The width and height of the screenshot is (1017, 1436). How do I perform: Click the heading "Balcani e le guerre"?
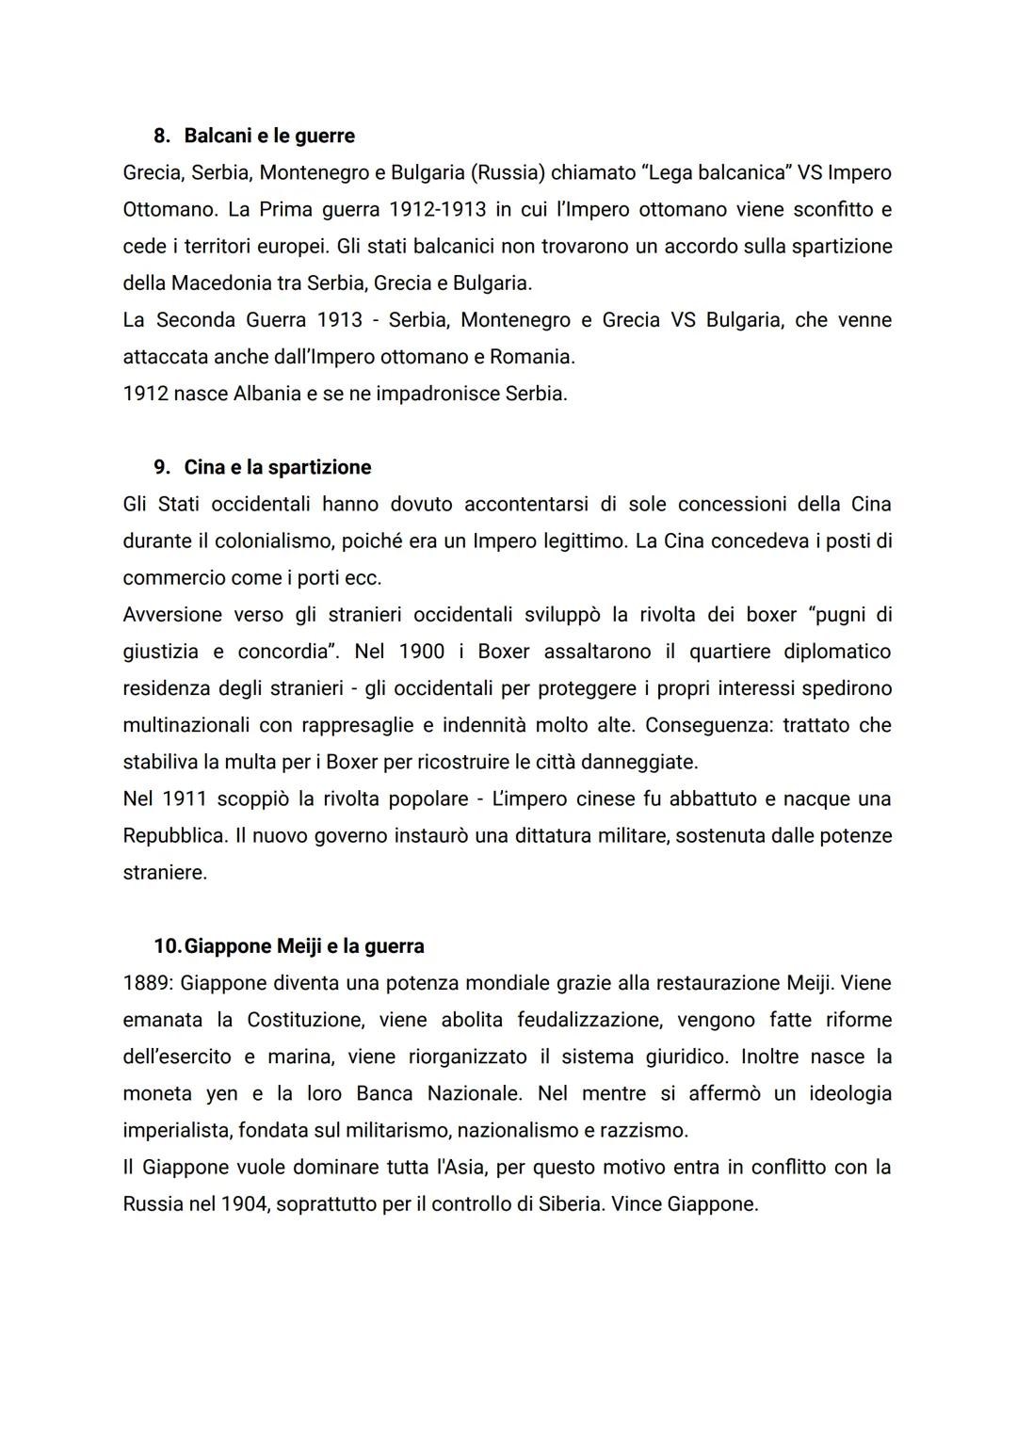269,136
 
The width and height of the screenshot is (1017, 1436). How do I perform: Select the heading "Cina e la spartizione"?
278,467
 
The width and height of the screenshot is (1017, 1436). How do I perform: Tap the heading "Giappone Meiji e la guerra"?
304,945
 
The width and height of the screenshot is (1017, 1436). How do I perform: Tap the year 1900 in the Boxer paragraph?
422,652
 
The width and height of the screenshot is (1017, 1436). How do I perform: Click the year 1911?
184,799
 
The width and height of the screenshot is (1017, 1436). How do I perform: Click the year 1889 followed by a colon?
148,983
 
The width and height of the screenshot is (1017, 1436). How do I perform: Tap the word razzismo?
640,1130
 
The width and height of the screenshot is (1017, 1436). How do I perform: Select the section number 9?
161,467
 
